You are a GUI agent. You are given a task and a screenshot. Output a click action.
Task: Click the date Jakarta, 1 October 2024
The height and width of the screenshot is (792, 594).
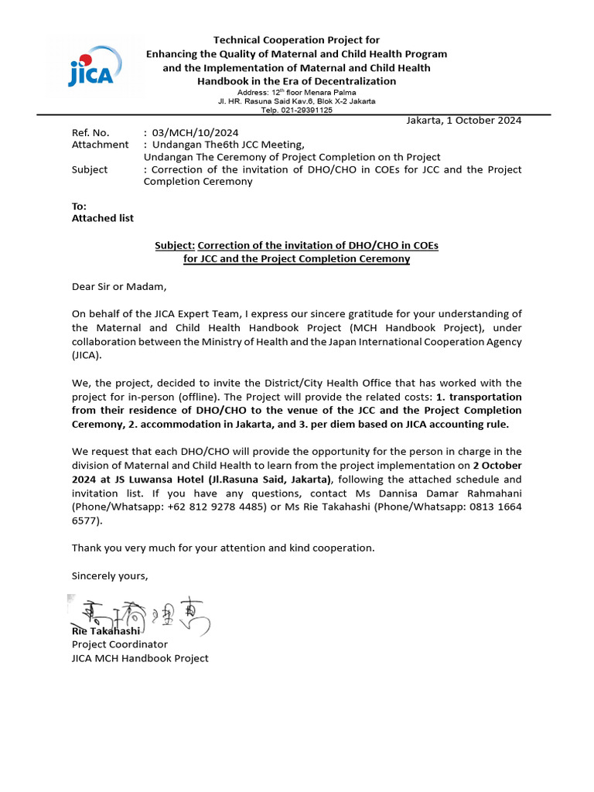(464, 120)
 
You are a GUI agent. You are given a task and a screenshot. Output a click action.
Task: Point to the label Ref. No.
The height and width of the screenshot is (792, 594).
(90, 132)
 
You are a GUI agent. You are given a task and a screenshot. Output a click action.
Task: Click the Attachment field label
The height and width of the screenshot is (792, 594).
(100, 145)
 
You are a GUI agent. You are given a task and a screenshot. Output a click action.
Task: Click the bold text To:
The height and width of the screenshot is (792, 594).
(80, 207)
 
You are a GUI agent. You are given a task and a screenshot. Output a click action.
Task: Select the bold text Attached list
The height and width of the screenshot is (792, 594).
(102, 218)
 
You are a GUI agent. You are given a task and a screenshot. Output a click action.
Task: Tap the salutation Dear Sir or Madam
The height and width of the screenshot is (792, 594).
(118, 287)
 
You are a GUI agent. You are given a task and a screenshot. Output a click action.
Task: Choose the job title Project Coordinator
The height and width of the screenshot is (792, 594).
(119, 643)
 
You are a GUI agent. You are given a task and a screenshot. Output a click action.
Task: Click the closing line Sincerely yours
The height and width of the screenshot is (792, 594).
(109, 575)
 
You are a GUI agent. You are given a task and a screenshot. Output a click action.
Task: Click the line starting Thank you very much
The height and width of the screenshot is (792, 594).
(223, 548)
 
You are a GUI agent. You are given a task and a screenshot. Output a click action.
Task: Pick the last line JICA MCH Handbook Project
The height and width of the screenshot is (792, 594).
(140, 658)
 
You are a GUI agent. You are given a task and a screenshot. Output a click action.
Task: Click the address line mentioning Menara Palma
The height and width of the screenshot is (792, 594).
(296, 92)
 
